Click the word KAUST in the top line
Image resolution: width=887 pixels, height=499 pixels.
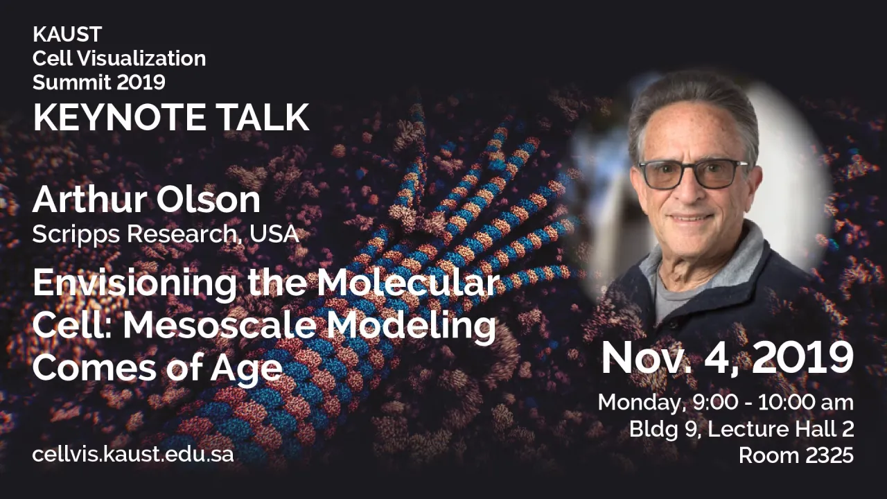pos(67,34)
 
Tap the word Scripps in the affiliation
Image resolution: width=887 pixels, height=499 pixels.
pos(76,234)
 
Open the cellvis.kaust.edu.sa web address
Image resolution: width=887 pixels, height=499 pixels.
pos(133,455)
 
